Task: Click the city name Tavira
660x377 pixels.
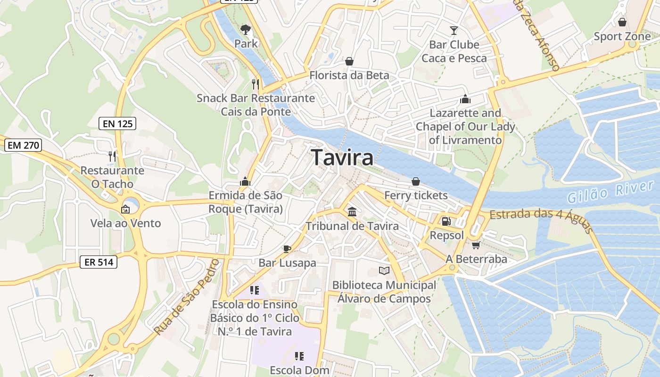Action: point(342,157)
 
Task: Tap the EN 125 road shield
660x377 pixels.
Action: point(117,124)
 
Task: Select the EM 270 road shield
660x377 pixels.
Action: point(24,145)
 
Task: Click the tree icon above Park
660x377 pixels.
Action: point(245,30)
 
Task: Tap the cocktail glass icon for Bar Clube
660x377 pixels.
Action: point(454,31)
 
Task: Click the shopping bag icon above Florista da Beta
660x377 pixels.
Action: point(349,61)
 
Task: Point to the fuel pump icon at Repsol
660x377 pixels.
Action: point(445,221)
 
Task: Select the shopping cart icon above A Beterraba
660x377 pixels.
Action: point(476,245)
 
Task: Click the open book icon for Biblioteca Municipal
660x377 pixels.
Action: point(384,271)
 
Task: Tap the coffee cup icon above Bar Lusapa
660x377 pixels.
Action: point(287,249)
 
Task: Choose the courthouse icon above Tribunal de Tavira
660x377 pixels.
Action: point(352,212)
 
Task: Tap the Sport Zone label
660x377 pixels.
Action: point(622,36)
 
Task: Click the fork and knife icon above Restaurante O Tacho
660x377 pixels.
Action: point(112,156)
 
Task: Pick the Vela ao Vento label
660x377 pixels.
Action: point(125,223)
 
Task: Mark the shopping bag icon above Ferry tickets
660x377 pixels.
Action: point(415,181)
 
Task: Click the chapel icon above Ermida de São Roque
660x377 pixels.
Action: point(245,181)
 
